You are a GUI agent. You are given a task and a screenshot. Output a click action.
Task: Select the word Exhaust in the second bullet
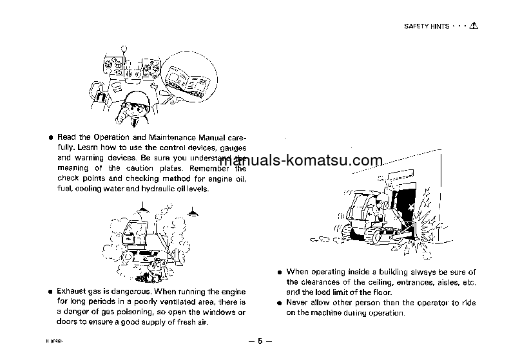pos(70,291)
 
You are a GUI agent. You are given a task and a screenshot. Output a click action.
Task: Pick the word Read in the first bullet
pos(66,137)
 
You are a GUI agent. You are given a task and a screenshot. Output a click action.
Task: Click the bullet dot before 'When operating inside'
pos(279,272)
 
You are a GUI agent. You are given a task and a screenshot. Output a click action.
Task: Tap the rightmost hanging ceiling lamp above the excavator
pos(192,213)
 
